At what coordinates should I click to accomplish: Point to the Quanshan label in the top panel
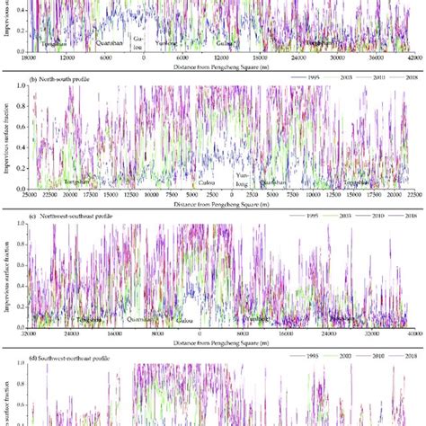coord(97,40)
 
